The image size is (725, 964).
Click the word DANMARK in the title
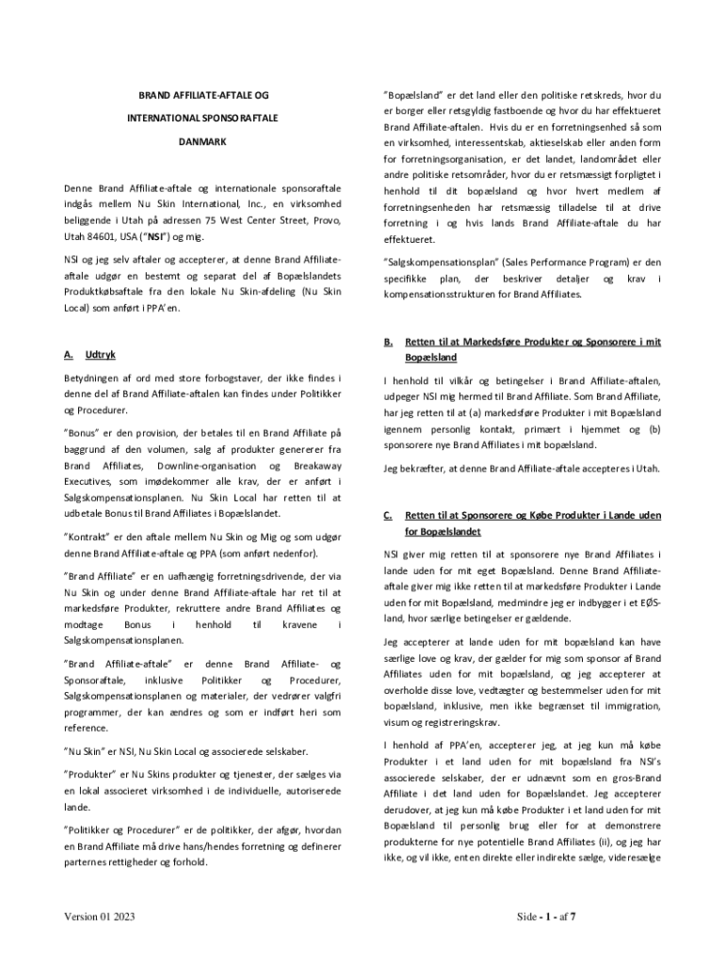pyautogui.click(x=202, y=141)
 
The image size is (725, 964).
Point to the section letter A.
pyautogui.click(x=69, y=355)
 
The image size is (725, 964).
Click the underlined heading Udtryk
pyautogui.click(x=101, y=355)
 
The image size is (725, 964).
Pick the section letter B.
pyautogui.click(x=387, y=342)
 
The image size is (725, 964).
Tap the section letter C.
pyautogui.click(x=387, y=516)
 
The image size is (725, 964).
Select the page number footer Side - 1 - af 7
pyautogui.click(x=546, y=916)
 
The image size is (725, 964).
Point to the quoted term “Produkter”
pyautogui.click(x=91, y=774)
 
